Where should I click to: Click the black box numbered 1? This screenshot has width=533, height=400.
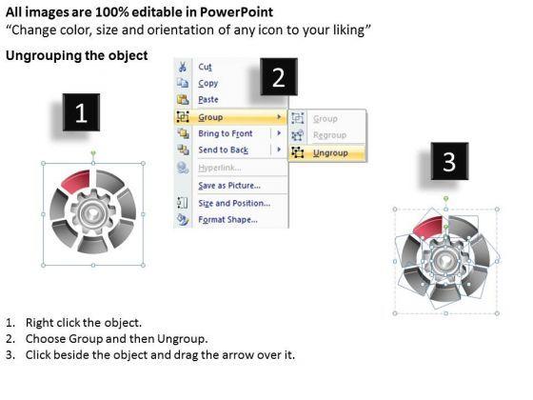click(x=81, y=112)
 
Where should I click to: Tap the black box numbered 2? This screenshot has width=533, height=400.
click(x=279, y=77)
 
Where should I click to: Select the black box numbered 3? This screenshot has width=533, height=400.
click(x=449, y=161)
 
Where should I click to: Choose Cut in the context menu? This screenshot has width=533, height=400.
click(x=205, y=67)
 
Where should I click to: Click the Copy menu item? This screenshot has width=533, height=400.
click(x=208, y=84)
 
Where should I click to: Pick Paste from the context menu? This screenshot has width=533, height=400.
click(x=208, y=100)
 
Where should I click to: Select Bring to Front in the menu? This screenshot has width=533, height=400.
click(x=226, y=133)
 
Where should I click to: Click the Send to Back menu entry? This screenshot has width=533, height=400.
click(x=224, y=150)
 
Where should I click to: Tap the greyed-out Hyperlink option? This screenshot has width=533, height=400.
click(x=220, y=168)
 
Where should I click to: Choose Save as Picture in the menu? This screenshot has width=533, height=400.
click(x=229, y=186)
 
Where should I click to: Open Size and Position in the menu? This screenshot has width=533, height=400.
click(x=234, y=203)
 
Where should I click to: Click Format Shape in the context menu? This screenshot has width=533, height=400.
click(x=228, y=220)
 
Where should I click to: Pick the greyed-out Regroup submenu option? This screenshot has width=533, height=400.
click(x=329, y=135)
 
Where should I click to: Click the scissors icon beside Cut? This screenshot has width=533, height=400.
click(x=182, y=67)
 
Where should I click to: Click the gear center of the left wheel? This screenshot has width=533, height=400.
click(x=92, y=214)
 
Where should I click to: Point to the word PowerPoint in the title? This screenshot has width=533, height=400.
click(x=236, y=12)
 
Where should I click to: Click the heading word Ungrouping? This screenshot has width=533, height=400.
click(x=44, y=56)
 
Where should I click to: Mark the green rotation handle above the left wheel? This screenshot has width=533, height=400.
click(x=93, y=153)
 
